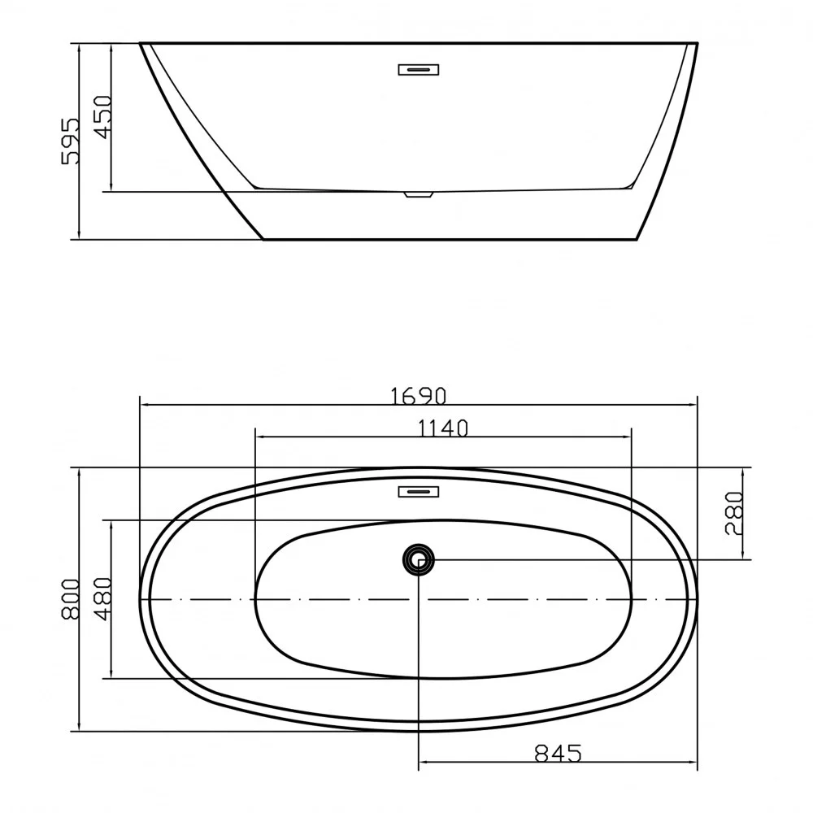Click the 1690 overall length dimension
[418, 396]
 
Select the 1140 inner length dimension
[443, 428]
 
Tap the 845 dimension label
[558, 753]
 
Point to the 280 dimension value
[735, 513]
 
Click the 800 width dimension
[71, 599]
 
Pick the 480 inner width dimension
[102, 599]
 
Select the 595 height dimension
[71, 141]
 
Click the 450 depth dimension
[102, 116]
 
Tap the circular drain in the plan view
[418, 559]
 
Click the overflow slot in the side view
[419, 69]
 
